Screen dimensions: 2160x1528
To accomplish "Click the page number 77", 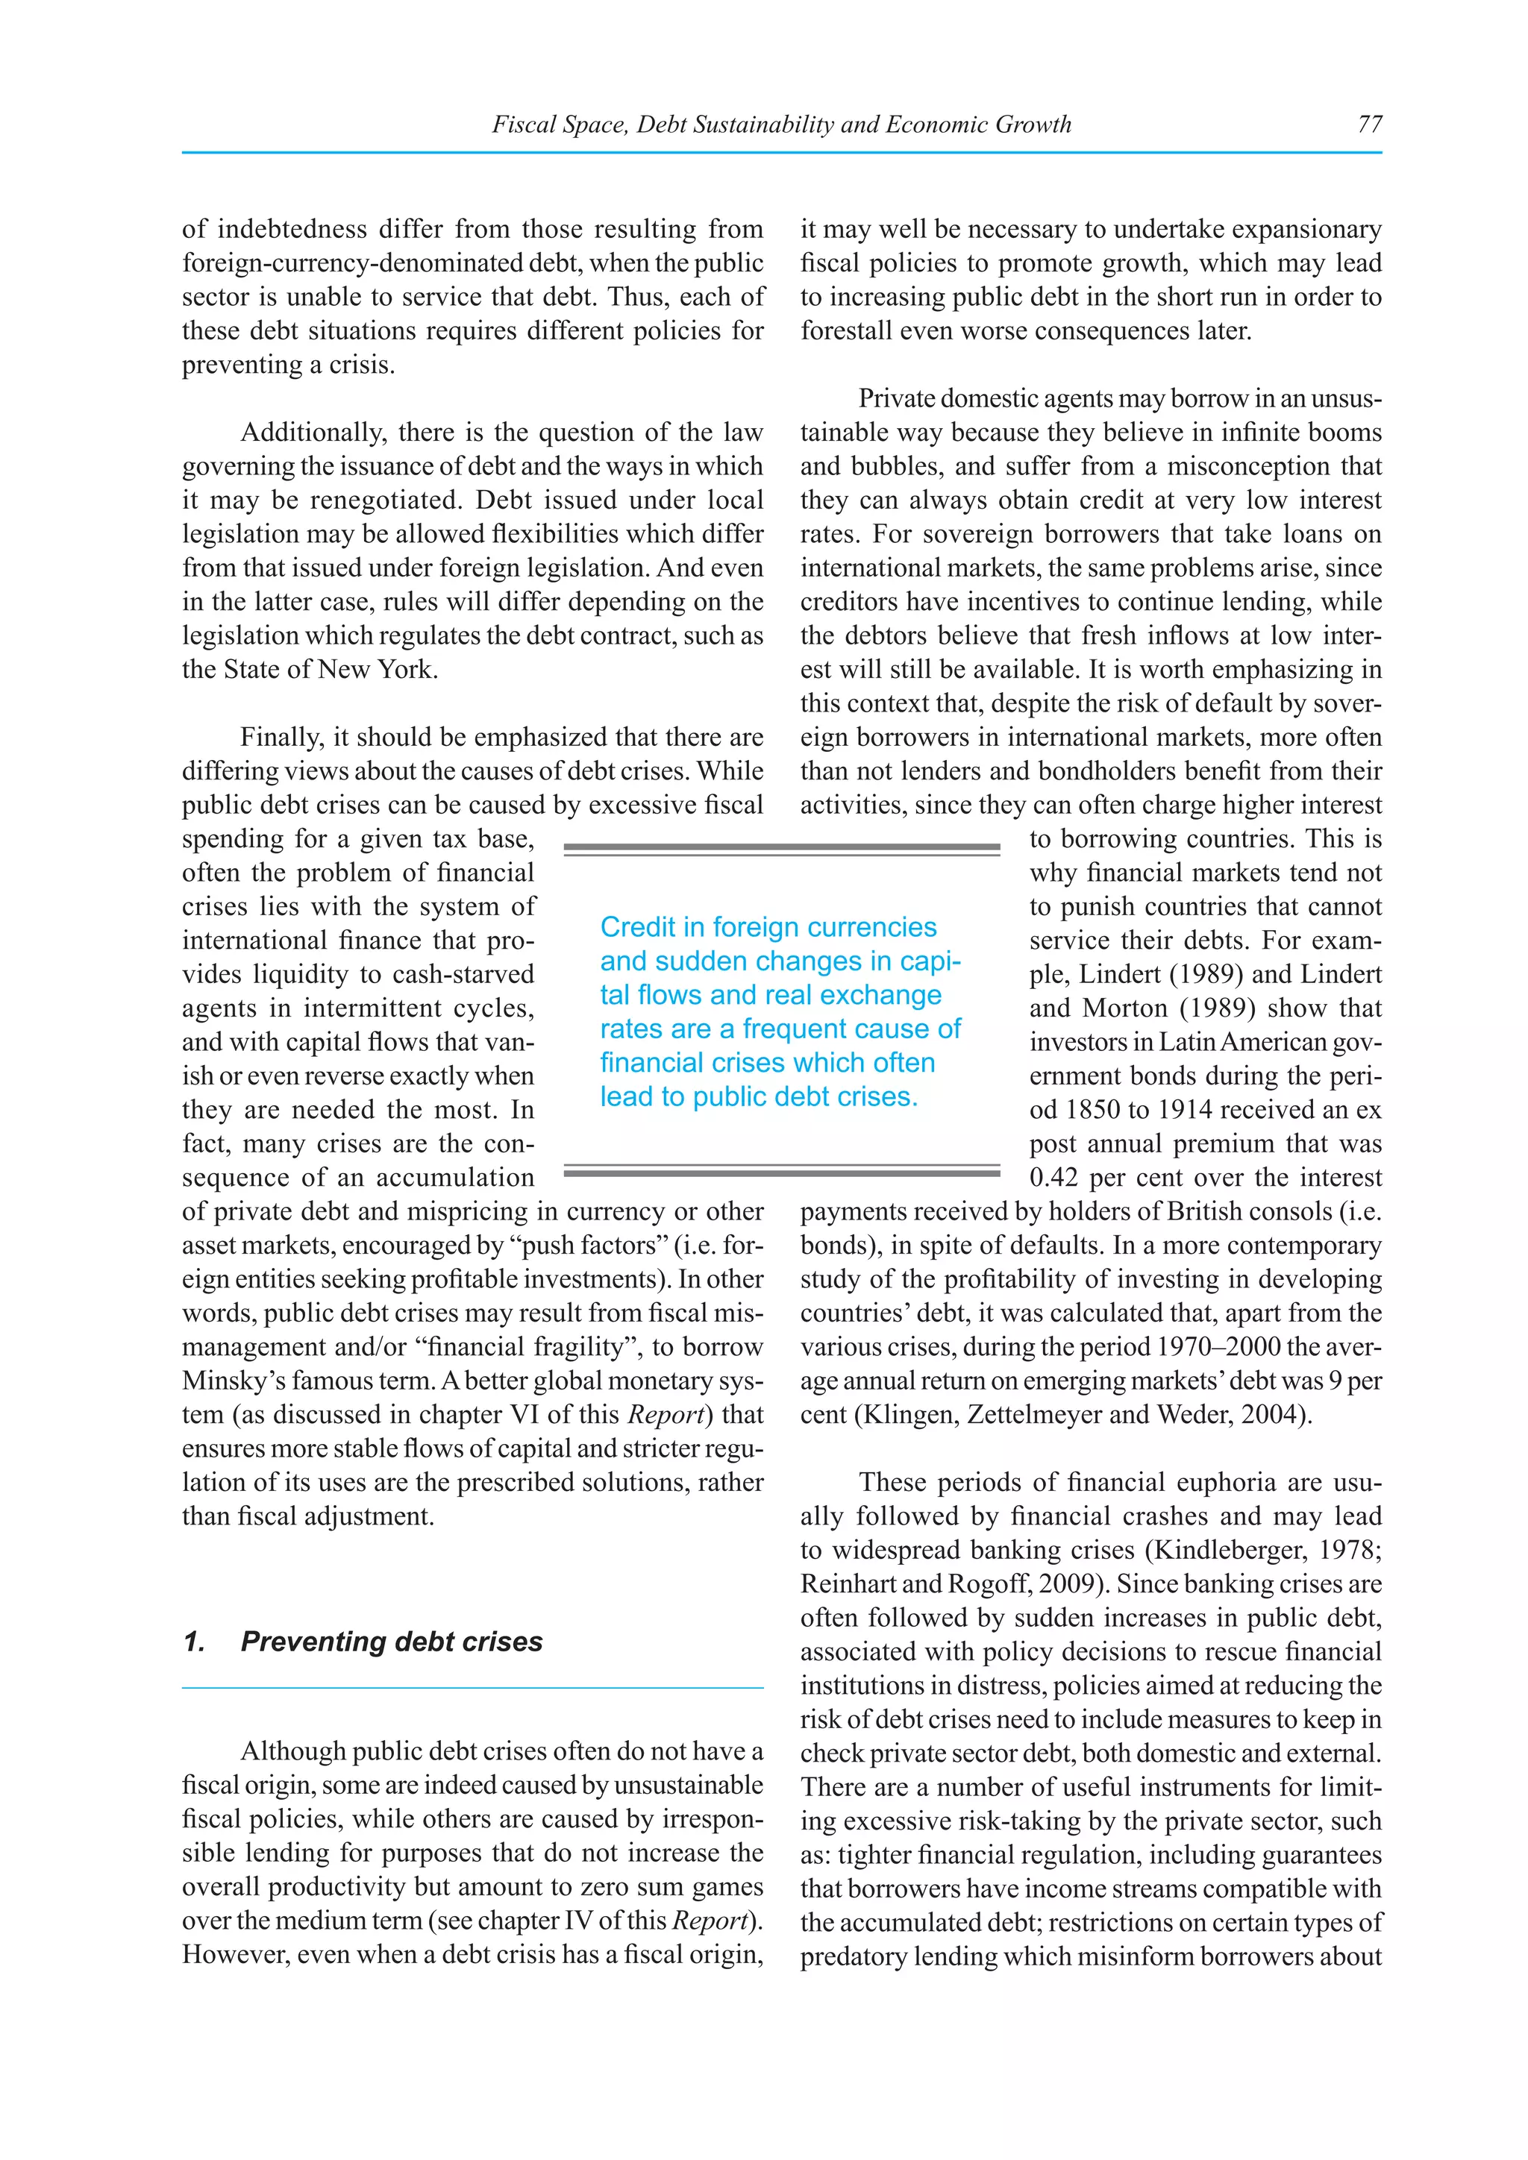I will (x=1369, y=124).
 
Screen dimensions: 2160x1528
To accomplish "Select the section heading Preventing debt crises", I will (x=392, y=1642).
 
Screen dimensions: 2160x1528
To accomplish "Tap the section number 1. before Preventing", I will (x=195, y=1642).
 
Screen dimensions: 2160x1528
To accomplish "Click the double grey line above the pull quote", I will (x=781, y=850).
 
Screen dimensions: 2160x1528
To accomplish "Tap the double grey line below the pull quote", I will (x=781, y=1172).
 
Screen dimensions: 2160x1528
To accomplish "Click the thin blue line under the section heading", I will (x=472, y=1689).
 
